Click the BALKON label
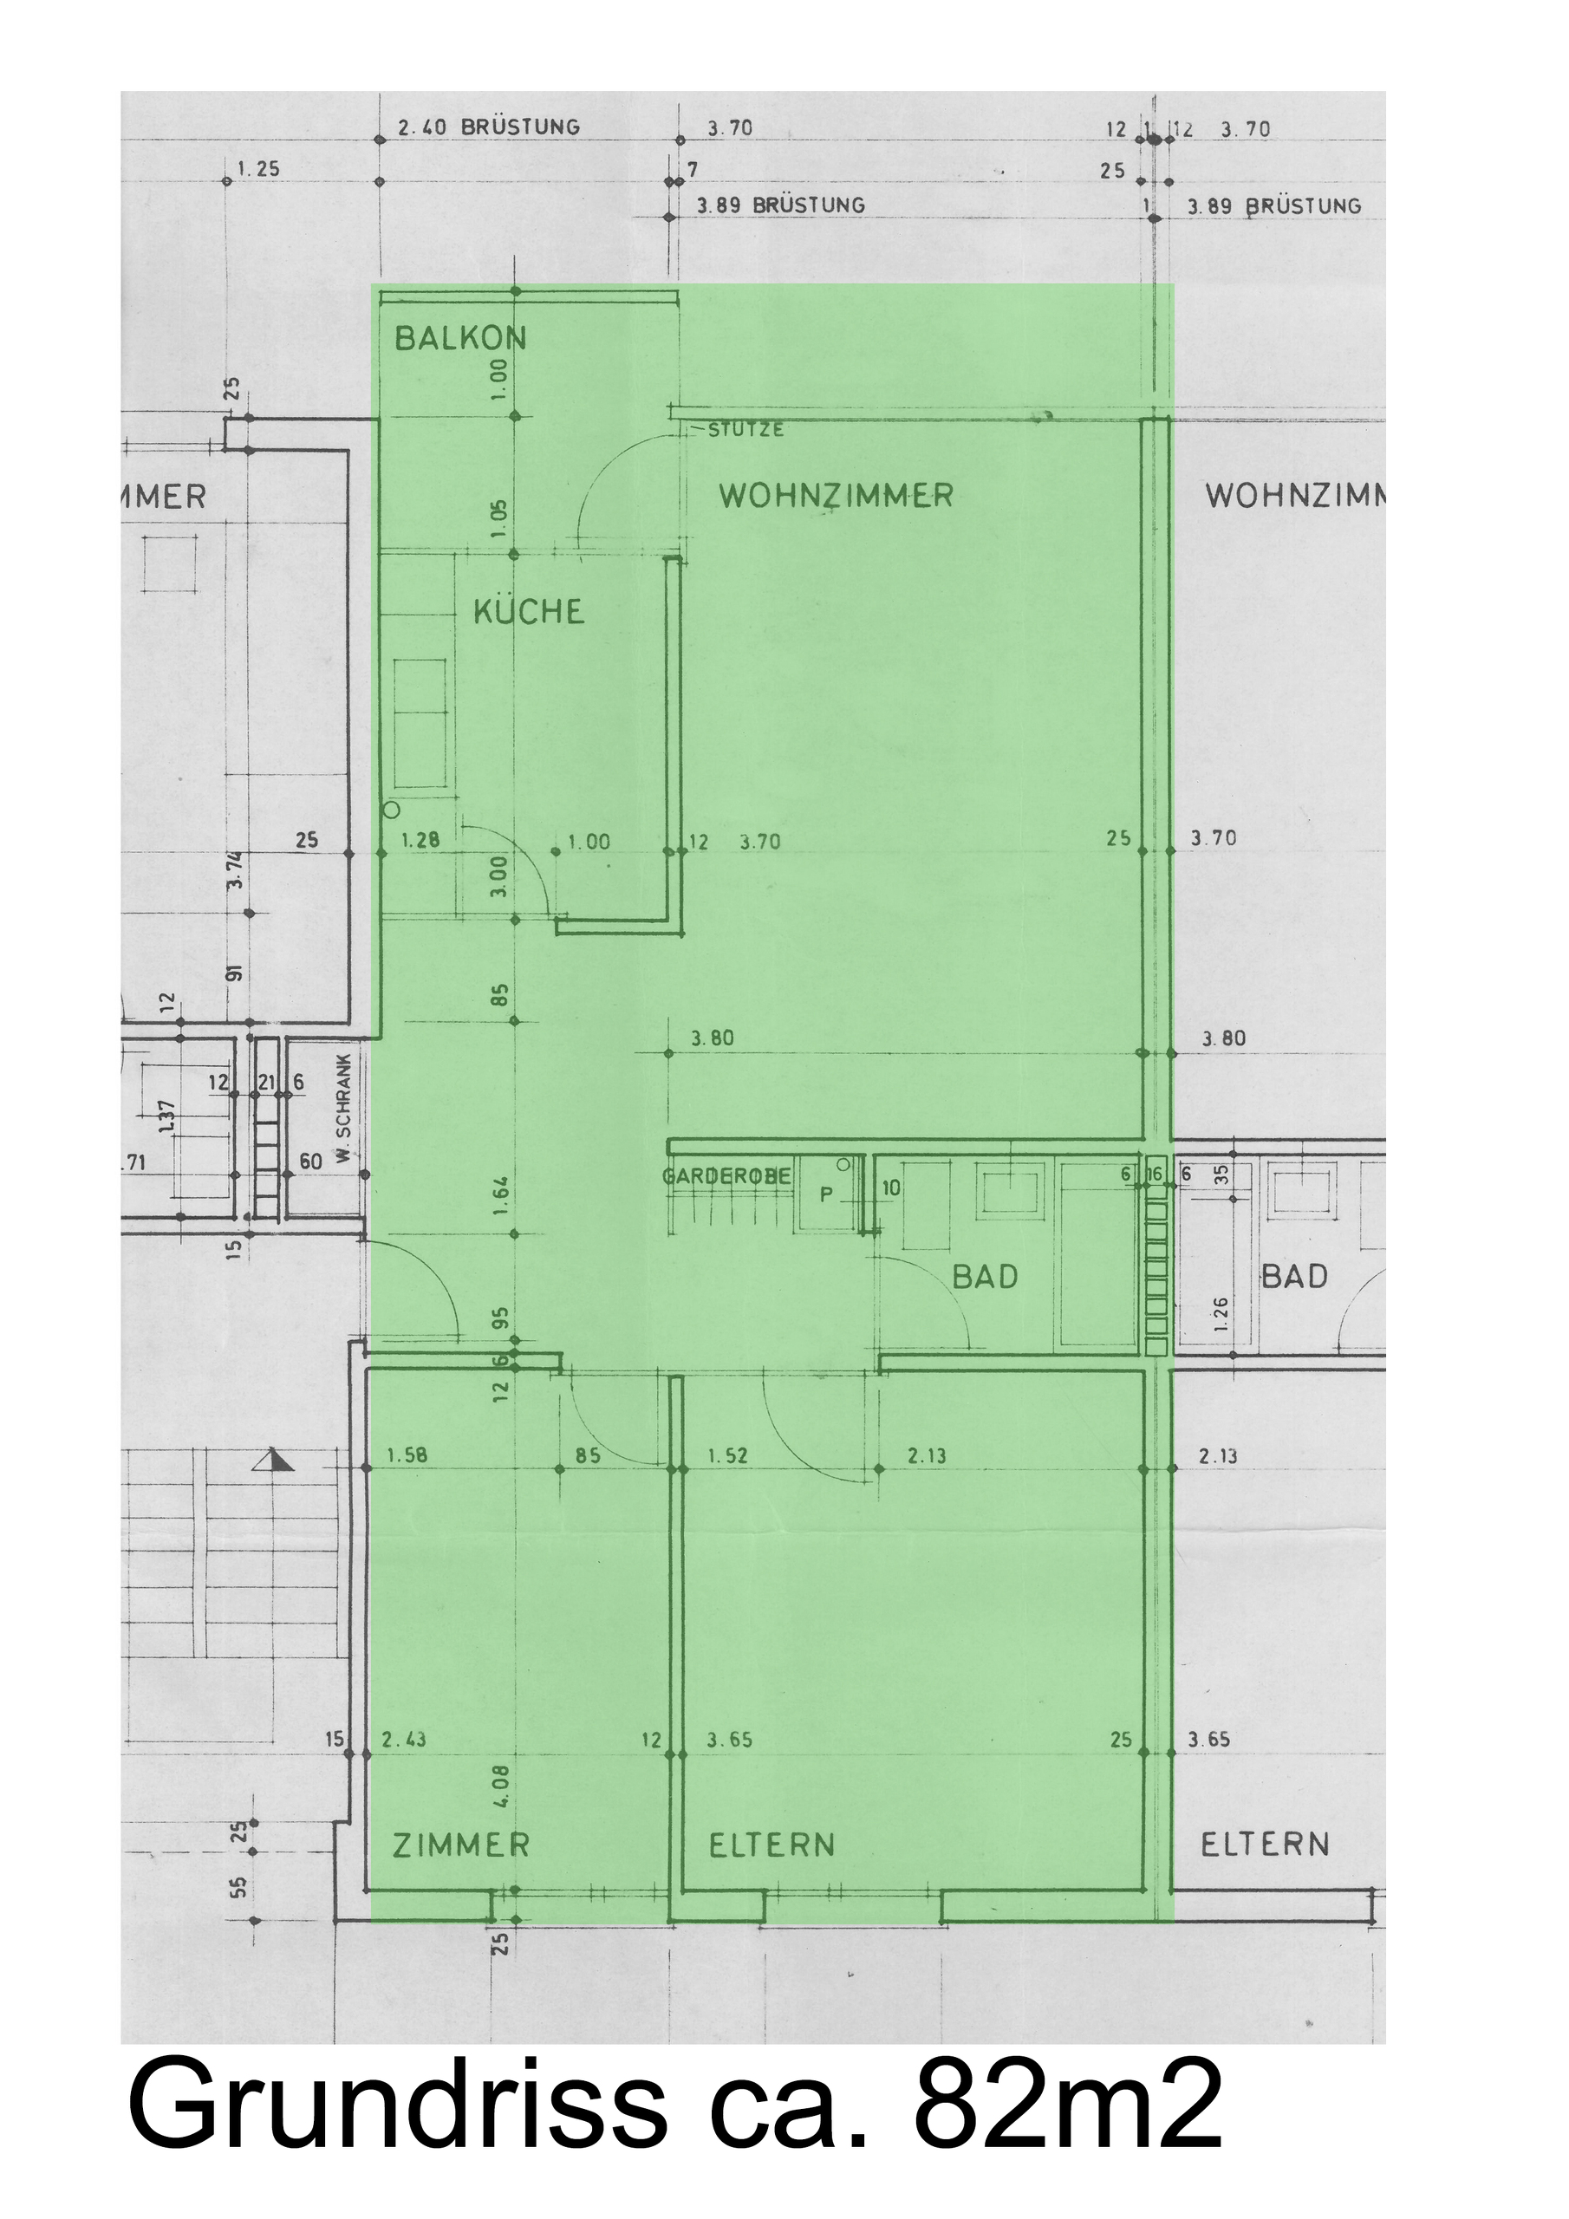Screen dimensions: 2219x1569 pos(460,338)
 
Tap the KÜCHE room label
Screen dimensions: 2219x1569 pos(529,612)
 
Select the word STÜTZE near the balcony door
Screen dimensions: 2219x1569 pos(745,430)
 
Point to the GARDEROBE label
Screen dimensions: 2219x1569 pos(726,1176)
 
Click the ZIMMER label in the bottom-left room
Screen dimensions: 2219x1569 pos(461,1845)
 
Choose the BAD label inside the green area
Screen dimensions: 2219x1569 pos(985,1278)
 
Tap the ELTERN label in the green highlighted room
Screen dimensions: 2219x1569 pos(771,1845)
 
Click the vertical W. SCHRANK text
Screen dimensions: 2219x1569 pos(345,1122)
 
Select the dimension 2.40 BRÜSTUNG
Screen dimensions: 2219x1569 pos(489,127)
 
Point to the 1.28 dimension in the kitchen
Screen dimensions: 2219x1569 pos(420,841)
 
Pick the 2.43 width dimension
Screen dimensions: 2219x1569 pos(404,1740)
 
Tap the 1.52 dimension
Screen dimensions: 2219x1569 pos(728,1455)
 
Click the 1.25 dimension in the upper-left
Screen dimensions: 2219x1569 pos(258,169)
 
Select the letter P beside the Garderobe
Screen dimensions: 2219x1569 pos(825,1195)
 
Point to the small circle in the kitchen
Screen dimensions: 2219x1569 pos(392,810)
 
